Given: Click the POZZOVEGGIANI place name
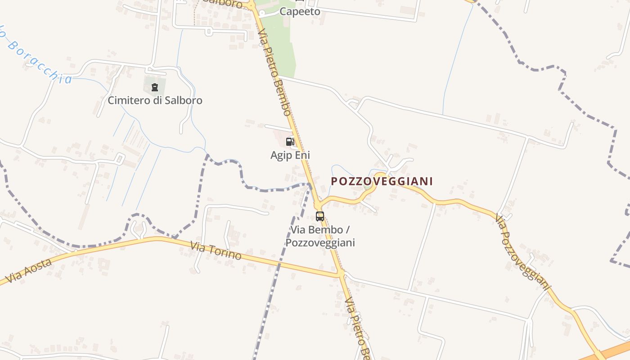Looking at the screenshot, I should pyautogui.click(x=382, y=181).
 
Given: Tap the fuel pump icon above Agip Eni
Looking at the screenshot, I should pyautogui.click(x=290, y=142).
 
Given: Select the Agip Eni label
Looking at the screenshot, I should pyautogui.click(x=290, y=155).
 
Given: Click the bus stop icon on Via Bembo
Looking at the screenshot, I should pyautogui.click(x=319, y=216).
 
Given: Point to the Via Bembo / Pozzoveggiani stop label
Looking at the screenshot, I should pyautogui.click(x=320, y=236).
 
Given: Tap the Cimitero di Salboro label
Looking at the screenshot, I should pyautogui.click(x=155, y=100).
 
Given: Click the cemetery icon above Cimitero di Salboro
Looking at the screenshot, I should pyautogui.click(x=155, y=87).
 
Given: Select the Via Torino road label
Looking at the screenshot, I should pyautogui.click(x=216, y=251).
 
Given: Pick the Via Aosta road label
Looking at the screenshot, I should pyautogui.click(x=29, y=270).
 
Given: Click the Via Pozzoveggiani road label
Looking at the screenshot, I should pyautogui.click(x=522, y=252).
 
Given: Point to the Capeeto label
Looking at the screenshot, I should pyautogui.click(x=300, y=12).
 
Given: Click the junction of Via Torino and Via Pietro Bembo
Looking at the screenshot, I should pyautogui.click(x=341, y=273).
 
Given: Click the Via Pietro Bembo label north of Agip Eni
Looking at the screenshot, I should pyautogui.click(x=274, y=72).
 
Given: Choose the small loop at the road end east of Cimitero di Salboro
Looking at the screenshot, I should pyautogui.click(x=120, y=158).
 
